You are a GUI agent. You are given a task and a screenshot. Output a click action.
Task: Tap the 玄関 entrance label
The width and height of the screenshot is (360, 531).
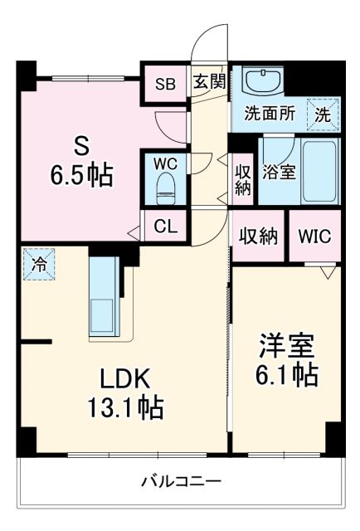[x=211, y=81]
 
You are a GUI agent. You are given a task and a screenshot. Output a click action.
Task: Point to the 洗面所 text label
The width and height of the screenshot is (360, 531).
[x=270, y=115]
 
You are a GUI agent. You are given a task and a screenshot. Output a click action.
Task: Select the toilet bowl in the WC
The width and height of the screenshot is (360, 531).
[x=166, y=184]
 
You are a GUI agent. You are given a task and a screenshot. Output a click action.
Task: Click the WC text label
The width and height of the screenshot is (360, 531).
[x=166, y=163]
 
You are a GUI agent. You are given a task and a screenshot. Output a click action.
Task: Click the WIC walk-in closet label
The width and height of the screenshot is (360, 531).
[x=314, y=236]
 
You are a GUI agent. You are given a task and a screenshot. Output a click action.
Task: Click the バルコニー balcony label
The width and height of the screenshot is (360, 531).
[x=181, y=481]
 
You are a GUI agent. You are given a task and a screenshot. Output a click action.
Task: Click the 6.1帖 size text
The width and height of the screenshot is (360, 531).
[x=284, y=374]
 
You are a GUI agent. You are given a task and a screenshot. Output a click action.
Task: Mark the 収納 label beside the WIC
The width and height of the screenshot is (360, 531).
[x=259, y=236]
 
